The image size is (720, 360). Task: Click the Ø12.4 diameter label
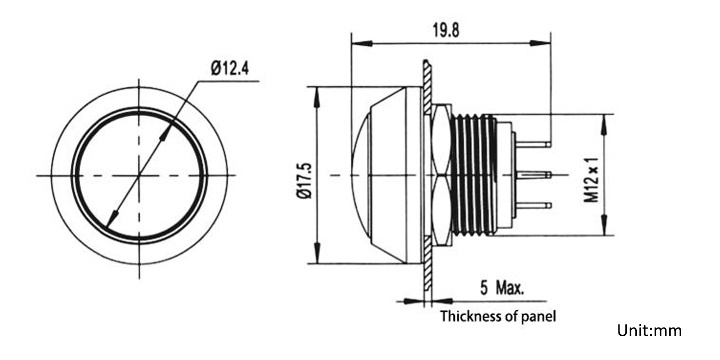tap(230, 69)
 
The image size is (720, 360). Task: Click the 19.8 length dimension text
tap(446, 30)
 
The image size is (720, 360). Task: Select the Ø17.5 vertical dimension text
tap(305, 180)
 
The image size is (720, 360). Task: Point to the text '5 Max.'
tap(502, 288)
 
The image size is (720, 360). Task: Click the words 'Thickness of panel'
tap(498, 316)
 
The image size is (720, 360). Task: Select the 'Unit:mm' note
tap(649, 330)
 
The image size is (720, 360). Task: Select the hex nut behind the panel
tap(441, 175)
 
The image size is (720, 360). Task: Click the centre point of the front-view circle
tap(139, 175)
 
